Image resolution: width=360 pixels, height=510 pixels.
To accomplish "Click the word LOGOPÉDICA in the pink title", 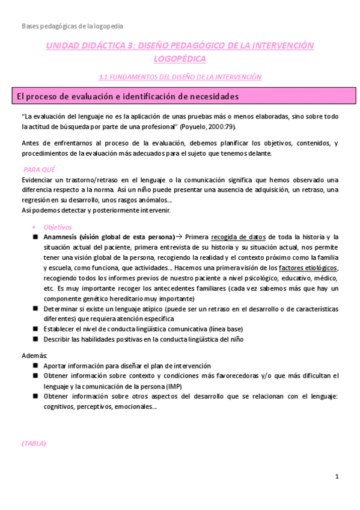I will (x=180, y=58).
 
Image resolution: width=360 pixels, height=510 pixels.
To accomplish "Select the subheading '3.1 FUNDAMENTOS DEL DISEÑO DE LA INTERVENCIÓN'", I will (x=180, y=76).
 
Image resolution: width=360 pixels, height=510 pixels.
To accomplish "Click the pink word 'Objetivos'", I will (x=57, y=227).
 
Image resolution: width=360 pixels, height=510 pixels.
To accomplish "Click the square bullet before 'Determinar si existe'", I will (x=35, y=309).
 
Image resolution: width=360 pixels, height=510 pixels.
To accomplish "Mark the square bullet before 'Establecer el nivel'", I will (x=35, y=329).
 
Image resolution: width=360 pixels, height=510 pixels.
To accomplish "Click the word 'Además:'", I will (x=31, y=355).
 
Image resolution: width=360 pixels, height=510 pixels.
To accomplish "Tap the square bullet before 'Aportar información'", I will (x=35, y=366).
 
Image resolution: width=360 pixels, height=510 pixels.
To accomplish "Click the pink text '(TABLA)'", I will (x=34, y=443).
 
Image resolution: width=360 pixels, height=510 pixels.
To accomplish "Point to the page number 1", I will (x=337, y=477).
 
